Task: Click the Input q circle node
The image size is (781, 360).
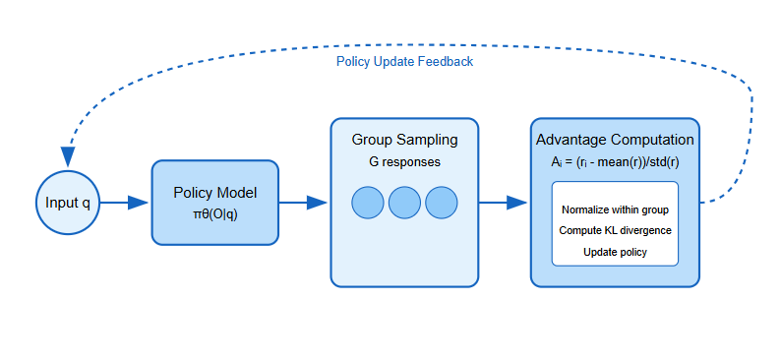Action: (x=68, y=203)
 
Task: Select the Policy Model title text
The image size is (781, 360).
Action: (x=214, y=193)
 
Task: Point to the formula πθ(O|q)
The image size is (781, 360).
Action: (x=214, y=214)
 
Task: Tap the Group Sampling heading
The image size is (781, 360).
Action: (x=404, y=140)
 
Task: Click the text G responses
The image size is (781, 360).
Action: (x=404, y=161)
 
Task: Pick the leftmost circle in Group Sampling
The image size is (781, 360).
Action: (x=368, y=203)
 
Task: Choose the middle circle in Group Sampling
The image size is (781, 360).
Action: (x=404, y=203)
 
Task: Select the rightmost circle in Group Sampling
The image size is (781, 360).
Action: (x=442, y=203)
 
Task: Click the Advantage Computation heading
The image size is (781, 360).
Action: (x=615, y=140)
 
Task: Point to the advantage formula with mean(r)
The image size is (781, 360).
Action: (x=615, y=161)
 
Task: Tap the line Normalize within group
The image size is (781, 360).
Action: (x=615, y=210)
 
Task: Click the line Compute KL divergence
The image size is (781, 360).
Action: (x=615, y=230)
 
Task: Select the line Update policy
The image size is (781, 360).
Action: (x=615, y=252)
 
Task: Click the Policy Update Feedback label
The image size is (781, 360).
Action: (x=404, y=61)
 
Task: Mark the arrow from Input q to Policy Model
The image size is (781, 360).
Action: (x=126, y=203)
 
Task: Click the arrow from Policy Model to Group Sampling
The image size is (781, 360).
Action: (x=305, y=203)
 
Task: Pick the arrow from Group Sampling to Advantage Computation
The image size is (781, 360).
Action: (x=505, y=203)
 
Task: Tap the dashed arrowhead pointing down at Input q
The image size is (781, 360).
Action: (x=68, y=156)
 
